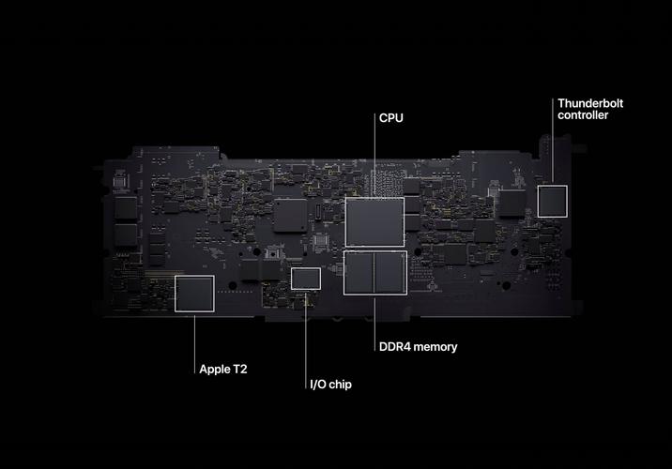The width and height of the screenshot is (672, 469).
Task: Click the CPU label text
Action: (x=390, y=118)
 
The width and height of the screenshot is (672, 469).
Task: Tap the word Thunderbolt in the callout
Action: (x=590, y=103)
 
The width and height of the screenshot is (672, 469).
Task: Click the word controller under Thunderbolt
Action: (x=583, y=114)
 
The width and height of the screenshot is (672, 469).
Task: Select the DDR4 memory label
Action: (x=418, y=346)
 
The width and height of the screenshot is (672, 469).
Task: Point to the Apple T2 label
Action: (x=223, y=370)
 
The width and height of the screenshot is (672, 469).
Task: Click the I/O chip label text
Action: (x=330, y=385)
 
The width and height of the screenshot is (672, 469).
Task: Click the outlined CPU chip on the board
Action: (x=374, y=222)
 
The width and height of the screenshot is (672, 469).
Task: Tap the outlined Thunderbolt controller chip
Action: (x=553, y=202)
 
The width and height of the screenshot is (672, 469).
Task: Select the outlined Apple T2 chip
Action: (x=194, y=294)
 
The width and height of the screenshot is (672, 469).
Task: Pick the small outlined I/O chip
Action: (x=306, y=279)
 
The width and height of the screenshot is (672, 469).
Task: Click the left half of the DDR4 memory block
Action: (x=359, y=273)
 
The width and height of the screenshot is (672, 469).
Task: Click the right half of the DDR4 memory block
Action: (x=390, y=273)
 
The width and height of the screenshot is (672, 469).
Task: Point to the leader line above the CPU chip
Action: (x=374, y=155)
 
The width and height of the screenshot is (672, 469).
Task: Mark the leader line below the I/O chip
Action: (x=306, y=340)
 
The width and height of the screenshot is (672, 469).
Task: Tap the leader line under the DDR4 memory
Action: (x=374, y=325)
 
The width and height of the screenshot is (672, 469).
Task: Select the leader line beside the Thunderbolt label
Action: (x=553, y=141)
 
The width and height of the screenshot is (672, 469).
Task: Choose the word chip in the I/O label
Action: (x=341, y=385)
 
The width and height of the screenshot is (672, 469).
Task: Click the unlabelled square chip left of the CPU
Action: (x=290, y=216)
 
